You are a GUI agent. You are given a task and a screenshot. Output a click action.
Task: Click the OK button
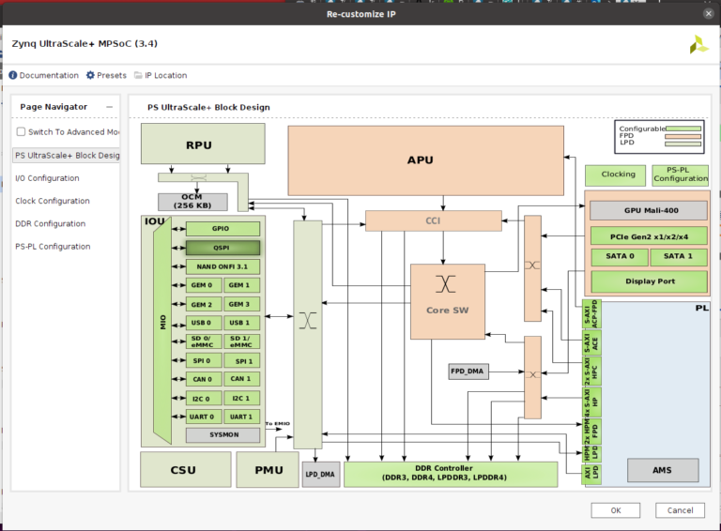[x=615, y=510]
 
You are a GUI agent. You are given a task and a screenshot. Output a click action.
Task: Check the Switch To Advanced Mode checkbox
[x=22, y=132]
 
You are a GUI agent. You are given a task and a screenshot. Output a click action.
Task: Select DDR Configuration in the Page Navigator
[x=50, y=224]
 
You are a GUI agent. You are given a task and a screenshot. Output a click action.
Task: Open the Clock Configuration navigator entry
[x=53, y=201]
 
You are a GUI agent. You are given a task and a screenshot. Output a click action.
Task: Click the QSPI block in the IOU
[x=222, y=248]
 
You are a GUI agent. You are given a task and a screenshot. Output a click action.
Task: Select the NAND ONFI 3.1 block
[x=222, y=266]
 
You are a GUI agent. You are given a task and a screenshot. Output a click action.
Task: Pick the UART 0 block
[x=202, y=417]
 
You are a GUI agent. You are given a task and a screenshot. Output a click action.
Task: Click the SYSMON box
[x=222, y=435]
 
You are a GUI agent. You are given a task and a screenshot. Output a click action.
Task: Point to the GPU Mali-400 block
[x=647, y=211]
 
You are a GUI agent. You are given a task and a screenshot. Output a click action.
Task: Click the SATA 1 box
[x=678, y=257]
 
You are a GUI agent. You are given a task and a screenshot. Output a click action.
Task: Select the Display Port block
[x=647, y=281]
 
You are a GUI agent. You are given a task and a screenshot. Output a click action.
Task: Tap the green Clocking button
[x=615, y=174]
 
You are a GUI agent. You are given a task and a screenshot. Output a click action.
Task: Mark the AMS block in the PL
[x=662, y=470]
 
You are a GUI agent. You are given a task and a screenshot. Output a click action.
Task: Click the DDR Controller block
[x=451, y=474]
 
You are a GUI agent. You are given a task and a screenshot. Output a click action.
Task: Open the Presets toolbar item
[x=106, y=75]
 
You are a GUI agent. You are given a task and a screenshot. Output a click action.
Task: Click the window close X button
[x=708, y=14]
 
